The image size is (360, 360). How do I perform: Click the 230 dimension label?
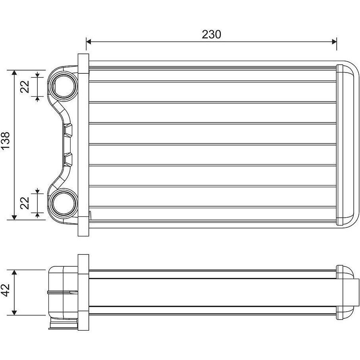[211, 34]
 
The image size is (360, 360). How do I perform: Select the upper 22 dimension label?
[25, 86]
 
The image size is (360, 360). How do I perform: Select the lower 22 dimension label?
[25, 203]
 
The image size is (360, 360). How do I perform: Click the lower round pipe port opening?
[63, 203]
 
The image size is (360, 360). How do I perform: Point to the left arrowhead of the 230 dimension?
[89, 42]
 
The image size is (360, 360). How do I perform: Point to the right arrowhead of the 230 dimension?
[334, 42]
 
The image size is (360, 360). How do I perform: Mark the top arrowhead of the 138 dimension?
[14, 73]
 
